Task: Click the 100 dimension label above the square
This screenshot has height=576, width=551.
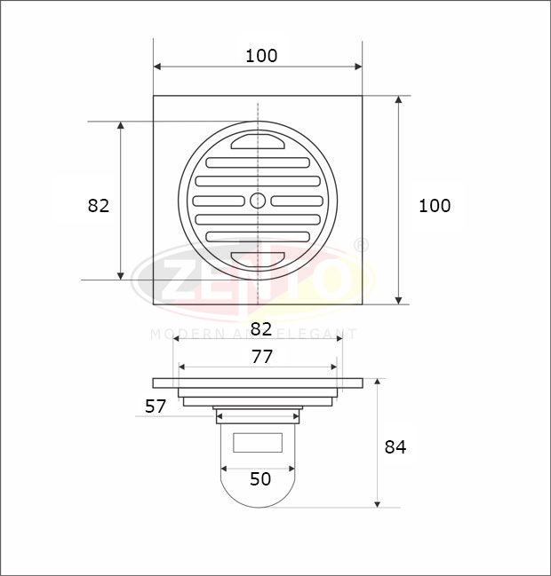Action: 261,56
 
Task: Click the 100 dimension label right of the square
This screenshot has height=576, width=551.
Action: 435,206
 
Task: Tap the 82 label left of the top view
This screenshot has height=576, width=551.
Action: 99,206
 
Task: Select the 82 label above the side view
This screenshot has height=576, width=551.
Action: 261,329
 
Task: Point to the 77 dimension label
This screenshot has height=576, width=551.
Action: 262,357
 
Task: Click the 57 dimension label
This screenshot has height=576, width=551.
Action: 156,406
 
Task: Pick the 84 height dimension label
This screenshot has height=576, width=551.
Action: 395,447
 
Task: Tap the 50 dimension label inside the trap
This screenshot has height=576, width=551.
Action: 260,479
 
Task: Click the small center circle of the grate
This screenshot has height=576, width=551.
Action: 258,201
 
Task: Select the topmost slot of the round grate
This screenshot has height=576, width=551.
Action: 258,142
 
